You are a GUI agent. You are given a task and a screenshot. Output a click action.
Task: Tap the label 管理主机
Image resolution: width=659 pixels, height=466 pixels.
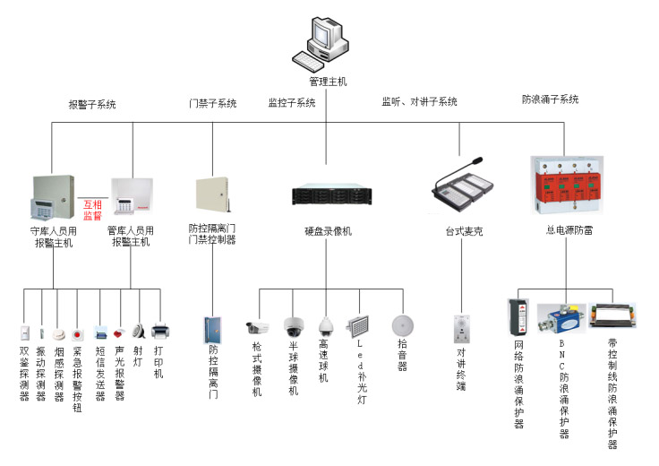click(328, 82)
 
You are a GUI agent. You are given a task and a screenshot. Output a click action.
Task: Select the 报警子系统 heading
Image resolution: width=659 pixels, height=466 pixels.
click(92, 105)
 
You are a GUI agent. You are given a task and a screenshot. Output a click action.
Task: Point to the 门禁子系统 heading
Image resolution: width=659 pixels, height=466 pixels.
click(212, 104)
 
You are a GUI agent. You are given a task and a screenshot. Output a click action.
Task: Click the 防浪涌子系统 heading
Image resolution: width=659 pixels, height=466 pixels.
click(550, 99)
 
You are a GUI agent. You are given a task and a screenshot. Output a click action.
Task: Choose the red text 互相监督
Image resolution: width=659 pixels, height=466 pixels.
click(93, 210)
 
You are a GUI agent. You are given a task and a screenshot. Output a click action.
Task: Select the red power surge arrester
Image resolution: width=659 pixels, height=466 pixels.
click(564, 186)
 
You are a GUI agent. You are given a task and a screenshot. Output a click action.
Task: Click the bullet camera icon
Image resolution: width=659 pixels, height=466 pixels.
click(258, 327)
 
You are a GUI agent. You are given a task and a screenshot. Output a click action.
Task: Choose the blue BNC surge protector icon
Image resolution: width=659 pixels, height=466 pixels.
click(563, 320)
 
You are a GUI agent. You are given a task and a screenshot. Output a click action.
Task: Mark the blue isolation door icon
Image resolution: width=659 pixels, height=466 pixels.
click(212, 329)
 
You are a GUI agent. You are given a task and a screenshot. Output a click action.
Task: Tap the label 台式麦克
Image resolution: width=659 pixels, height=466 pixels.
click(464, 231)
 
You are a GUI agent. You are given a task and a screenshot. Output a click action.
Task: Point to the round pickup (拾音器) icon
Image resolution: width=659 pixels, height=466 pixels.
click(401, 324)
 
